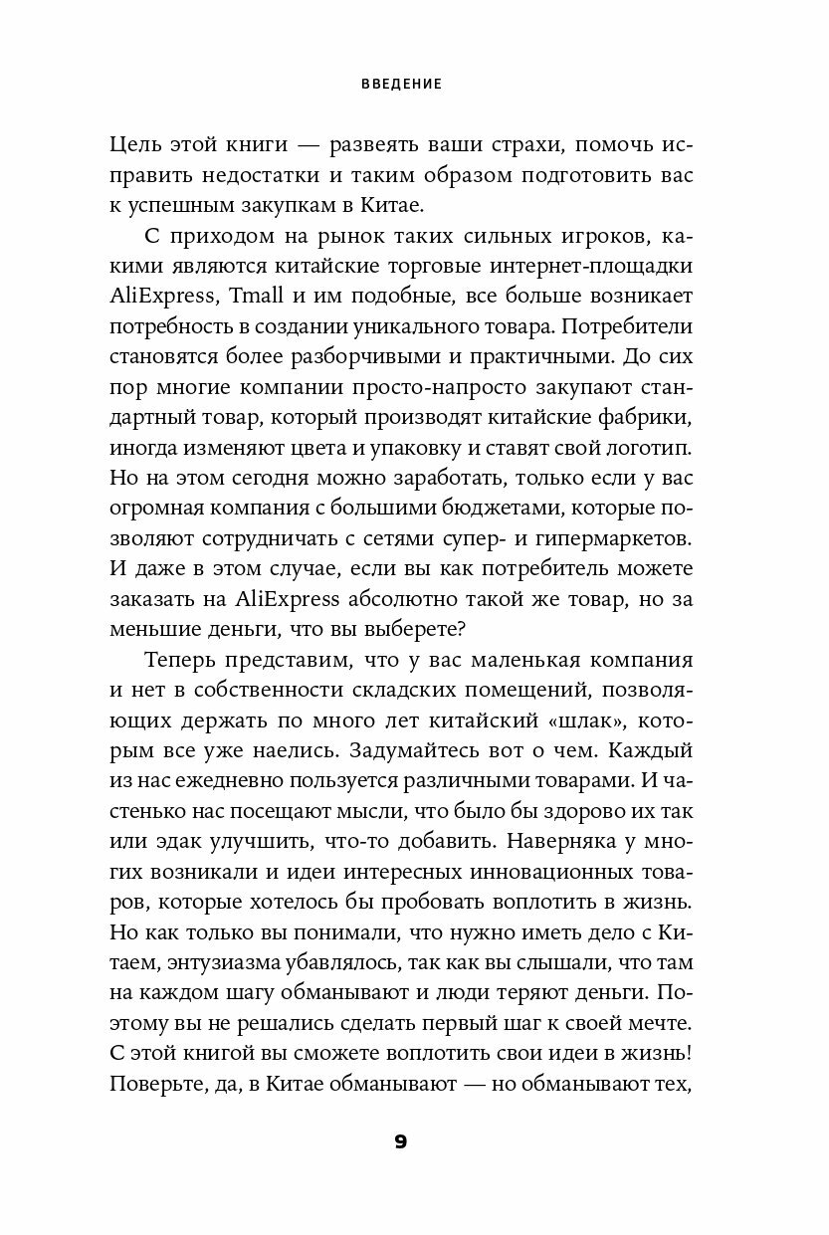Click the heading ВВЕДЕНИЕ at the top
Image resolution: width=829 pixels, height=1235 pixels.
click(x=401, y=85)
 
